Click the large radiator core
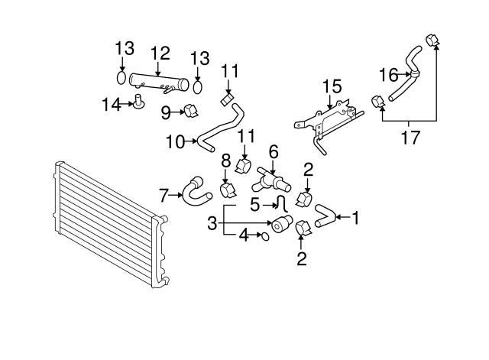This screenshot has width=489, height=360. coord(107,229)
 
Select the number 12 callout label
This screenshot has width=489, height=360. coord(160,54)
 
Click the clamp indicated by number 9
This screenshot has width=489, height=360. coord(188,112)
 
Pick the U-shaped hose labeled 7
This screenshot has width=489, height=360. coord(194,191)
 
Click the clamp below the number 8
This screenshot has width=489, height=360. coord(228,189)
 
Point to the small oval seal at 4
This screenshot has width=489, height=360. coord(264,235)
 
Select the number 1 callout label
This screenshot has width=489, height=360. coord(355,218)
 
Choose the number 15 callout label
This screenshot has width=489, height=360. coord(331,86)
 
